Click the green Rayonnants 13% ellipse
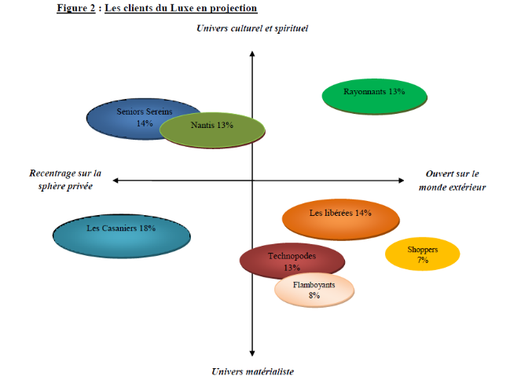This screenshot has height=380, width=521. click(375, 95)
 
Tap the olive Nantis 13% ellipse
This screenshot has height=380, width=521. click(211, 128)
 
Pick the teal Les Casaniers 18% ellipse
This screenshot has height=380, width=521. click(121, 233)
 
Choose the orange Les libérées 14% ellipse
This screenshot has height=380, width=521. click(340, 218)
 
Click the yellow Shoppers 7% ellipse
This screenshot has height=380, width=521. click(422, 254)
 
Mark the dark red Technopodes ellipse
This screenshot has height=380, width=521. click(292, 261)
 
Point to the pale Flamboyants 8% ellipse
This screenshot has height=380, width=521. click(314, 290)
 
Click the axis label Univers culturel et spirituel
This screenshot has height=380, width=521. click(251, 28)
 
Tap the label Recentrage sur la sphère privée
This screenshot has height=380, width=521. click(65, 180)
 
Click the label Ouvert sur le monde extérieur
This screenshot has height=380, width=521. click(452, 180)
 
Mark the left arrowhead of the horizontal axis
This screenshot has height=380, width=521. click(116, 181)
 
